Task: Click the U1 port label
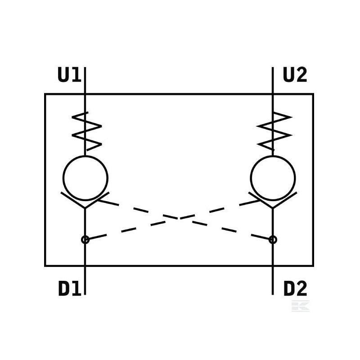[x=69, y=75]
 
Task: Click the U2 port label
[x=295, y=75]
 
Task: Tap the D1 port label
[x=70, y=288]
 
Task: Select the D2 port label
[x=295, y=288]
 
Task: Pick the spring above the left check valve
[x=87, y=131]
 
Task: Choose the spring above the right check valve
[x=274, y=131]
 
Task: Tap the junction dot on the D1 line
[x=85, y=240]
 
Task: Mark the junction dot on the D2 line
[x=273, y=240]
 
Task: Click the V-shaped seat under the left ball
[x=85, y=207]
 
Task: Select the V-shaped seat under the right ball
[x=273, y=207]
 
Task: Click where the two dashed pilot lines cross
[x=179, y=218]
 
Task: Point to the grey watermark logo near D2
[x=300, y=306]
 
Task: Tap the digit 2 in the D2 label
[x=301, y=288]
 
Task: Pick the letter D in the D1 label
[x=64, y=288]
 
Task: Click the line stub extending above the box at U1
[x=85, y=81]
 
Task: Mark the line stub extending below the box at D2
[x=273, y=280]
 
